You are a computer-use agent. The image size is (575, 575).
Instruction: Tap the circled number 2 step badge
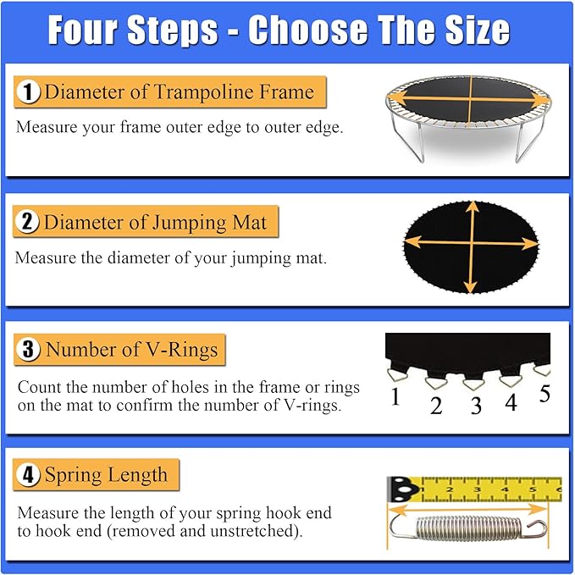coord(28,224)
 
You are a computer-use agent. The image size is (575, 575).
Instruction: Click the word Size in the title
coord(471,30)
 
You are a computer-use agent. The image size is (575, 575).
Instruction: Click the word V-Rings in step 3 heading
coord(179,349)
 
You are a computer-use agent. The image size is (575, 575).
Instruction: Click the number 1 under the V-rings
coord(395,396)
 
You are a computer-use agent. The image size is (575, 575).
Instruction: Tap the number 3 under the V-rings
coord(476,406)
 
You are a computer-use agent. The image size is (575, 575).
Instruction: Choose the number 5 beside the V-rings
coord(544,394)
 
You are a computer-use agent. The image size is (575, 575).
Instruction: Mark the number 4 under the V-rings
coord(511,403)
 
